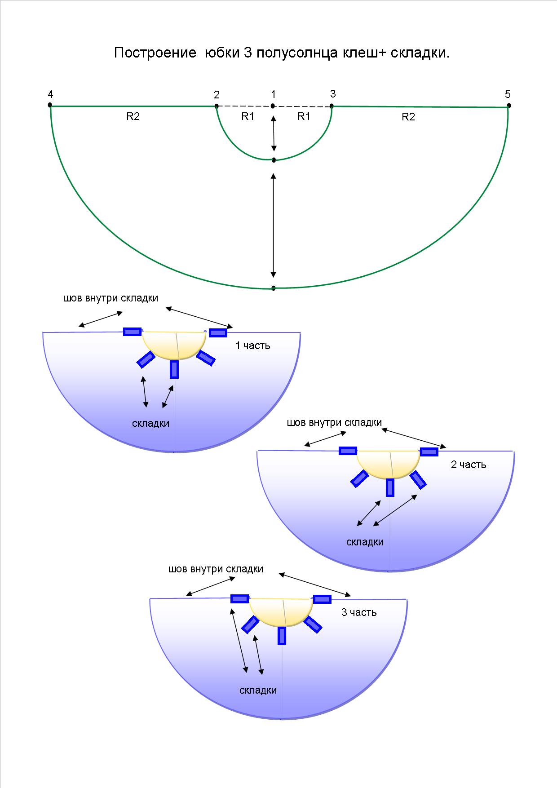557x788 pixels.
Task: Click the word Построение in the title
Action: click(x=155, y=53)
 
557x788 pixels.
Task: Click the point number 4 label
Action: click(x=50, y=94)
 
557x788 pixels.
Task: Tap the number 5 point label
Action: click(x=508, y=94)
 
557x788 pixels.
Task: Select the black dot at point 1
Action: click(x=273, y=106)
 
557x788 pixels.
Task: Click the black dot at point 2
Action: click(x=217, y=106)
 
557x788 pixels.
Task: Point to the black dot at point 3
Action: click(x=332, y=106)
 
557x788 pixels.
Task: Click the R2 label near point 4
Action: click(x=133, y=116)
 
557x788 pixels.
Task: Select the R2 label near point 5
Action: click(x=408, y=117)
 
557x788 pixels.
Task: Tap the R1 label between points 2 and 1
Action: click(x=248, y=116)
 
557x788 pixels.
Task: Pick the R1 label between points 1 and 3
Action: click(x=304, y=116)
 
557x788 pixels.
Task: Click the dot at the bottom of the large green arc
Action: click(x=273, y=288)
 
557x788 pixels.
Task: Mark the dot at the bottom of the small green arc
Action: click(x=274, y=160)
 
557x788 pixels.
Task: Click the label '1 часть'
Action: click(x=253, y=345)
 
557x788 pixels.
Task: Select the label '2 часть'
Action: click(x=469, y=465)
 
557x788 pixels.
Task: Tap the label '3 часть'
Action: click(x=359, y=612)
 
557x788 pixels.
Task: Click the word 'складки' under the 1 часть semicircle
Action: click(x=151, y=423)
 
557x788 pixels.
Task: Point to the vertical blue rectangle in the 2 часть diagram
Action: click(x=390, y=487)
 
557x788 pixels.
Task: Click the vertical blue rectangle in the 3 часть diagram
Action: click(x=282, y=636)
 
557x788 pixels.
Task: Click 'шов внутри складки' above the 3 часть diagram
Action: click(x=216, y=569)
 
